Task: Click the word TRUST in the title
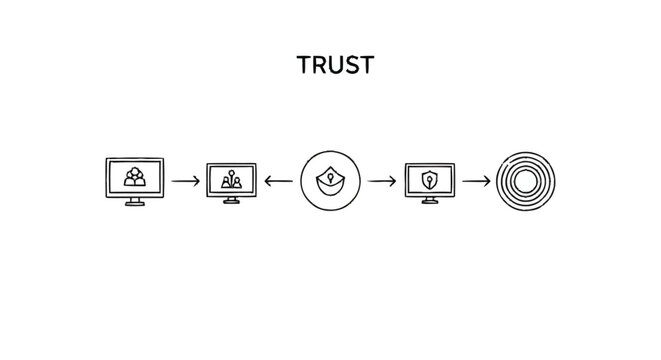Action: (x=335, y=65)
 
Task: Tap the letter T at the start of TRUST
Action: (x=304, y=65)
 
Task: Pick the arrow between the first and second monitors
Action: (x=185, y=181)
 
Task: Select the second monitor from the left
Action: (x=231, y=180)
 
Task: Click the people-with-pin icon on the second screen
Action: (x=231, y=179)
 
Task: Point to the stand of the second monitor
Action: (x=231, y=200)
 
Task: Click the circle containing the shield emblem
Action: (x=329, y=181)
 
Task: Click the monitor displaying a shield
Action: (x=429, y=180)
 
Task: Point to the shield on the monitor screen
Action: (x=429, y=179)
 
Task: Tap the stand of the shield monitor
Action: (x=429, y=200)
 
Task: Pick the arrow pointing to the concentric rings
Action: (x=476, y=181)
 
